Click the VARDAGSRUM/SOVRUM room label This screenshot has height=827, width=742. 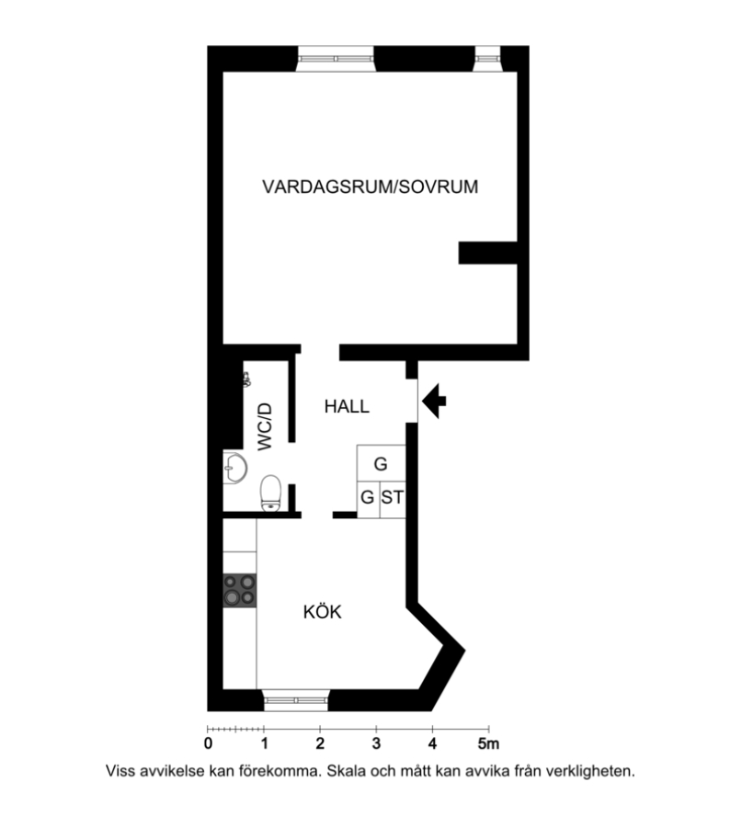pos(370,187)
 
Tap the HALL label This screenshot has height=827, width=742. pos(347,407)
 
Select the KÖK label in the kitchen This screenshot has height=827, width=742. pos(323,611)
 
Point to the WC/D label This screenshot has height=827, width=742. pos(265,426)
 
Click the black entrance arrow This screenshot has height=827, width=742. pos(434,401)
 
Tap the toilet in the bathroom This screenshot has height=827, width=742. pos(270,493)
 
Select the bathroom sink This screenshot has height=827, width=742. pos(234,468)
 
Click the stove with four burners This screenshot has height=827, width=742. pos(240,590)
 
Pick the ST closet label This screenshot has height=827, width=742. pos(392,497)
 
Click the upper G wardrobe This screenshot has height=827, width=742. pos(381,463)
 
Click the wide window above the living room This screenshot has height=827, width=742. pos(336,59)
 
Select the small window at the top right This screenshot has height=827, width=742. pos(486,59)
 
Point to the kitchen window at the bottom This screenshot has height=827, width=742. pos(296,700)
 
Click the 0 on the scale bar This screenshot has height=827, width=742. pos(209,743)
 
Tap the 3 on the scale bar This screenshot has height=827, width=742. pos(376,743)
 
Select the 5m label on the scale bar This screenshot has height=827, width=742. pos(488,743)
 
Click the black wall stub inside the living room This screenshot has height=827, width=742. pos(487,253)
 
